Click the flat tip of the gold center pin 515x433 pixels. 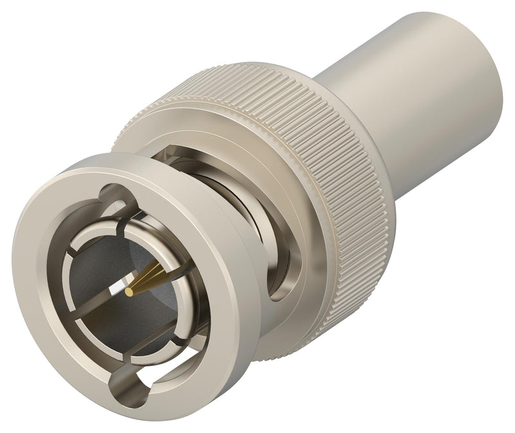tap(129, 293)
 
